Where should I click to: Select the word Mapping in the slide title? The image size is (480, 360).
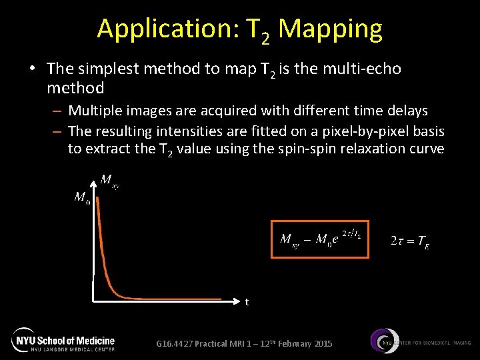(x=331, y=29)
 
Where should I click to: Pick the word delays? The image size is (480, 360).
(x=407, y=110)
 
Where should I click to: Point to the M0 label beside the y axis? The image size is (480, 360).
(x=82, y=199)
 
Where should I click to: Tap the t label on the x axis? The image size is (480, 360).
(x=247, y=302)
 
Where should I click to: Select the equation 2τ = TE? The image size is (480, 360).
(x=409, y=241)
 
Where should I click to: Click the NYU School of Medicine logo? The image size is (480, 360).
(x=64, y=340)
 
